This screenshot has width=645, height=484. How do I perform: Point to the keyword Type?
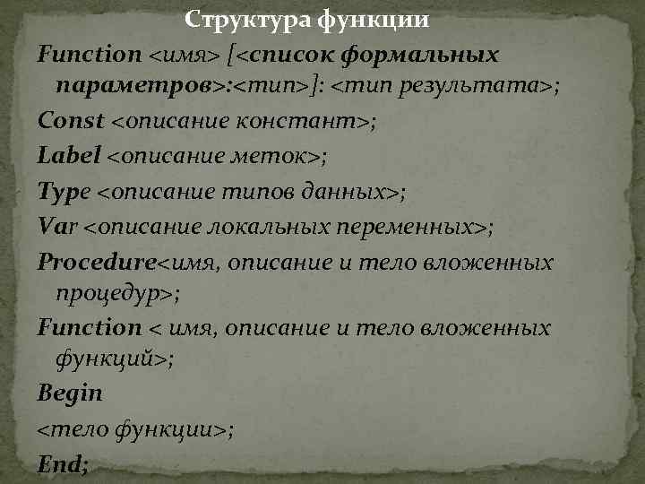64,191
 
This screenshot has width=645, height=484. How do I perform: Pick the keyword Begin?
70,393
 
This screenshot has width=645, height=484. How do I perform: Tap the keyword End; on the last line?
63,463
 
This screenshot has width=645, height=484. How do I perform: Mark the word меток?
279,156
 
